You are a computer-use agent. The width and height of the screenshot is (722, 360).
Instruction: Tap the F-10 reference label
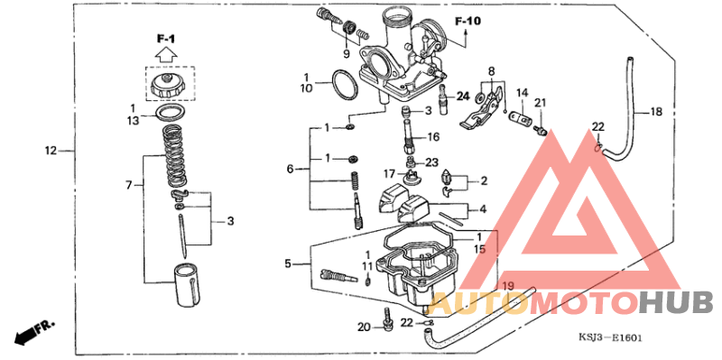pos(467,21)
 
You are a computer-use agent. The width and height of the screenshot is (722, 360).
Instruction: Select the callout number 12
pos(51,150)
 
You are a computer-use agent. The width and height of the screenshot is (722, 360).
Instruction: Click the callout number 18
pos(655,112)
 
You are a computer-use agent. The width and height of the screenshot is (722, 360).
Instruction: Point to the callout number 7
pos(130,184)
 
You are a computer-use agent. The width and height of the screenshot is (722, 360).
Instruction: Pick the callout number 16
pos(432,137)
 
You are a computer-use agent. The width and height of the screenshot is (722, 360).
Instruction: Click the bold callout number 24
pos(462,96)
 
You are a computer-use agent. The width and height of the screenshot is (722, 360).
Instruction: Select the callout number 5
pos(289,264)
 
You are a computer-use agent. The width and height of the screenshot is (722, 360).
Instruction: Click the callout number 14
pos(522,92)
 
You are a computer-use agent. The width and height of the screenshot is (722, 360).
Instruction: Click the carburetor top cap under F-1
pos(168,87)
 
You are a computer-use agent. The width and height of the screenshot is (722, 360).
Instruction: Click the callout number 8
pos(492,70)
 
